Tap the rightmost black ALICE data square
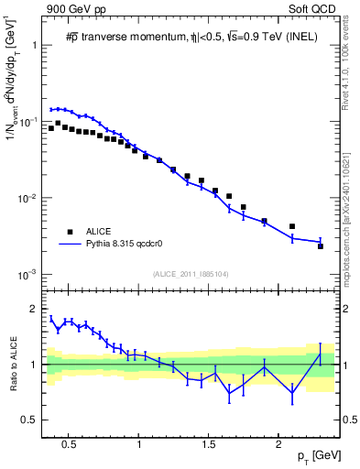pyautogui.click(x=321, y=246)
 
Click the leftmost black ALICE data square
pyautogui.click(x=51, y=128)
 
